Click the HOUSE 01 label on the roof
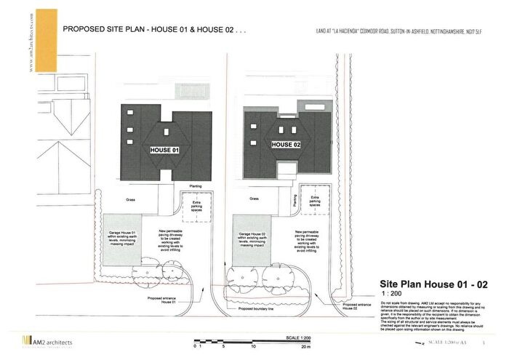pos(164,150)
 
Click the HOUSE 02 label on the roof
pos(286,145)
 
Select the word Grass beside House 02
pos(254,198)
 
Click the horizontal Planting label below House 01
pos(196,186)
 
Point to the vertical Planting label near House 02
pos(294,201)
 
